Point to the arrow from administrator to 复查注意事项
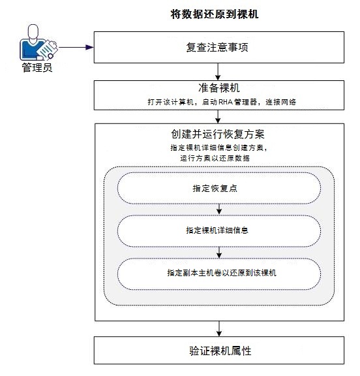pyautogui.click(x=72, y=47)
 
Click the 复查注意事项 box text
pyautogui.click(x=218, y=48)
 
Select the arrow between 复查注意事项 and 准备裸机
pyautogui.click(x=218, y=70)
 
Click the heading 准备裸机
pyautogui.click(x=218, y=87)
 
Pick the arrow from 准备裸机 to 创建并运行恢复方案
pyautogui.click(x=218, y=116)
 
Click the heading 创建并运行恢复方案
pyautogui.click(x=217, y=134)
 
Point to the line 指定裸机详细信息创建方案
pyautogui.click(x=218, y=148)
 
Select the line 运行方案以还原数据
pyautogui.click(x=218, y=159)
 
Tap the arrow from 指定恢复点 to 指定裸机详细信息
pyautogui.click(x=218, y=210)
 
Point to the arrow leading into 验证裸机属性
pyautogui.click(x=218, y=328)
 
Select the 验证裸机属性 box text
pyautogui.click(x=218, y=351)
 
